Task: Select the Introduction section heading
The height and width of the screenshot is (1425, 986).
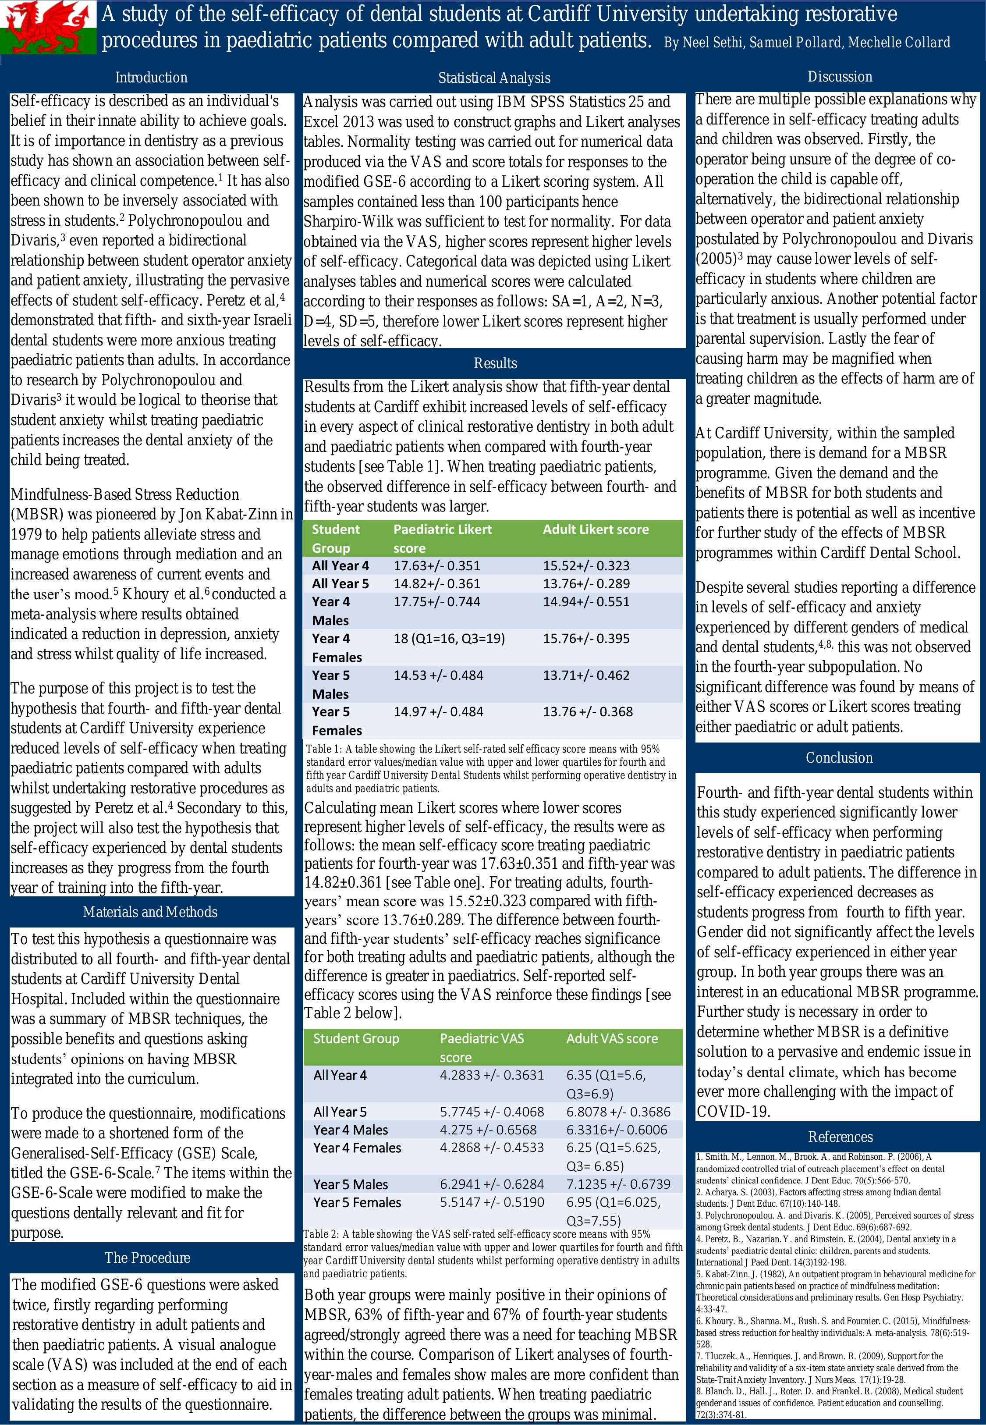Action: pos(151,77)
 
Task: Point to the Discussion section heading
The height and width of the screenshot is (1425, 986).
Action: pos(840,77)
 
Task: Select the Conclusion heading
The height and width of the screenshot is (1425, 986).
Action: pos(839,757)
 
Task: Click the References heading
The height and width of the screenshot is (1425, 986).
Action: pos(840,1137)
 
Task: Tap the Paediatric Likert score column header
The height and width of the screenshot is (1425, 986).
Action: pos(442,538)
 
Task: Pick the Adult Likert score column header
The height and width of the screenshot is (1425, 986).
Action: pos(596,529)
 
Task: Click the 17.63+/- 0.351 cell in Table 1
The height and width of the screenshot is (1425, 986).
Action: pos(437,565)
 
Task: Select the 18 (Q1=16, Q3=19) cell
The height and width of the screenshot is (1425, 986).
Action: pos(449,638)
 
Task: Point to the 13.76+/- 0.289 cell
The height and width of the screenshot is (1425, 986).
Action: pos(586,583)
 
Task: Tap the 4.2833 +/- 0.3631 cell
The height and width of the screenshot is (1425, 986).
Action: pos(492,1075)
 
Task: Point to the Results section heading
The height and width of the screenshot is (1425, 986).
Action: pos(495,363)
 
